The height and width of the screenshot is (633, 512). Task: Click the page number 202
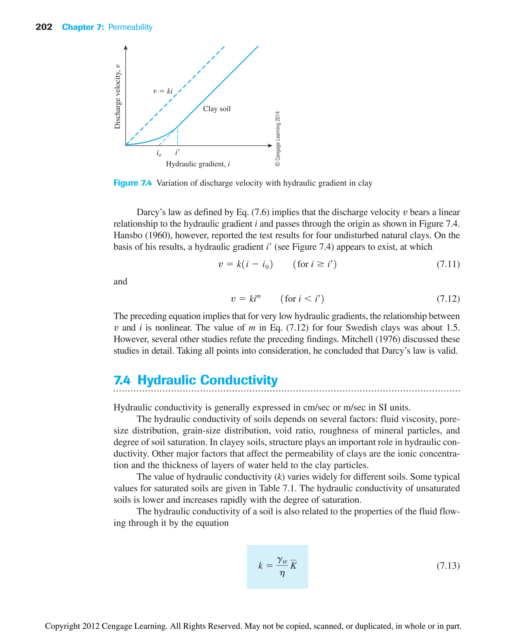point(44,27)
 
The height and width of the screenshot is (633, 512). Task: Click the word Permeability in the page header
point(130,27)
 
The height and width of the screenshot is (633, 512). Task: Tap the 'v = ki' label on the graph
point(163,91)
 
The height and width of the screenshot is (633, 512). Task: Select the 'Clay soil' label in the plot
point(217,109)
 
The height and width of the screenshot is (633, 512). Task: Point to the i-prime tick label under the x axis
point(177,152)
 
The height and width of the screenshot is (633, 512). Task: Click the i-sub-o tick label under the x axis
point(159,153)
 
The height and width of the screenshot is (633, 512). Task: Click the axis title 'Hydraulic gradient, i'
point(197,164)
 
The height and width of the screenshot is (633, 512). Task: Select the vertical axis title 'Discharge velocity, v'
point(117,96)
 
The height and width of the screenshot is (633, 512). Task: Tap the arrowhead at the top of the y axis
point(126,48)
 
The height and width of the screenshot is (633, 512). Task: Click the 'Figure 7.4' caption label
point(132,183)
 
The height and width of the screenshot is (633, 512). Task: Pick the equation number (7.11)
point(448,264)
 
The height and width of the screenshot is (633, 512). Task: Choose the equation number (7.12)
point(448,299)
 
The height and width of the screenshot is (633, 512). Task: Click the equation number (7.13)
point(448,566)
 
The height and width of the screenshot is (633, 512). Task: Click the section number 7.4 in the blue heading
point(122,380)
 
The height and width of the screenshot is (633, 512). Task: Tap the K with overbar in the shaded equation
point(293,565)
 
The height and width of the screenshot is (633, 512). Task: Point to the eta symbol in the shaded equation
point(282,574)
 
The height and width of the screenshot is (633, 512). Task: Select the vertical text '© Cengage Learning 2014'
point(277,138)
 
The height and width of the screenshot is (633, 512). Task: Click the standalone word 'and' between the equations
point(120,282)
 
